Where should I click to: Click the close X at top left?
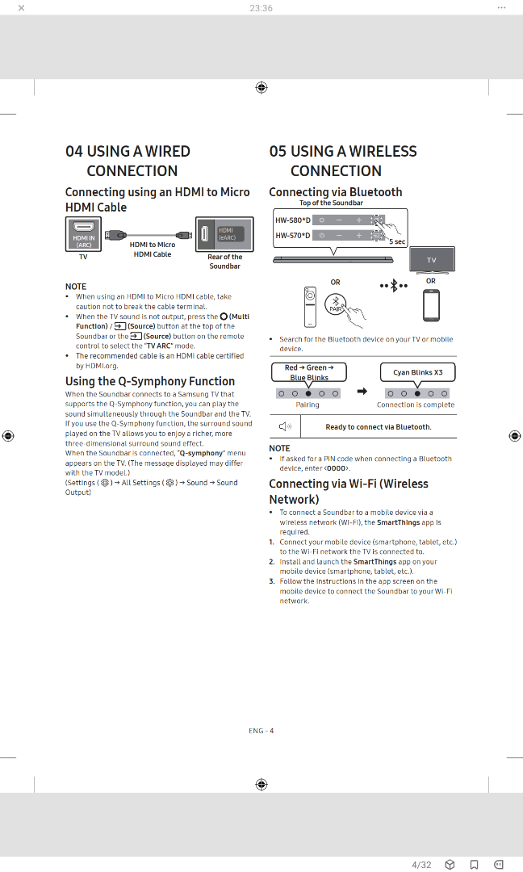click(21, 8)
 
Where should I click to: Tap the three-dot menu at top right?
click(501, 8)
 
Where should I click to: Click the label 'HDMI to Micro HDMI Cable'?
click(153, 249)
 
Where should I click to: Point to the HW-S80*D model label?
click(292, 220)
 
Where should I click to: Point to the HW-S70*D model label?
click(292, 236)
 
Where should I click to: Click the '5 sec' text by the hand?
click(397, 241)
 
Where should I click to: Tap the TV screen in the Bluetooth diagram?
click(432, 260)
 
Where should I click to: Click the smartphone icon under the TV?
click(431, 304)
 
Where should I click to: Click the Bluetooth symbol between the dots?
click(394, 286)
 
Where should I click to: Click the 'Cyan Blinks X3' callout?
click(417, 372)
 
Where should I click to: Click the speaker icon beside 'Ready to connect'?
click(285, 426)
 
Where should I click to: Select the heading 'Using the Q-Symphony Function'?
click(150, 381)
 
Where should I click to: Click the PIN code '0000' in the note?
click(337, 468)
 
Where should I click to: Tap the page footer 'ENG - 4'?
click(261, 731)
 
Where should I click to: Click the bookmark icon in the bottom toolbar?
click(475, 865)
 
